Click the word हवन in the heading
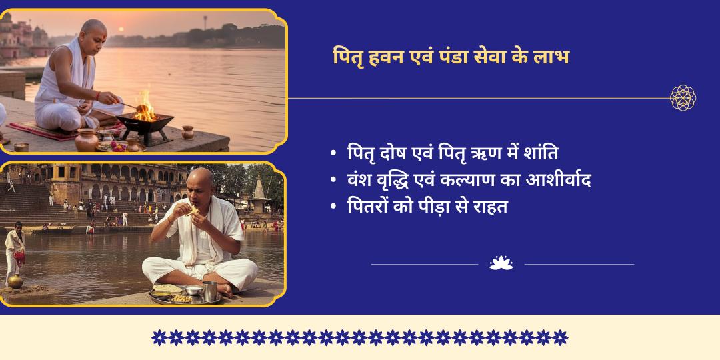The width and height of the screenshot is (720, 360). [385, 57]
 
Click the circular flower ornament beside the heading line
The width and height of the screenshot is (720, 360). [683, 98]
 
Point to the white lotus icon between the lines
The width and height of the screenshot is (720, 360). [501, 263]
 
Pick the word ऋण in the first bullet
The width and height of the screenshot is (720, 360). [468, 153]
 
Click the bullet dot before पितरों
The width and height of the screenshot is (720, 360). [333, 207]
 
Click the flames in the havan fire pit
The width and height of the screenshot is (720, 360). [144, 107]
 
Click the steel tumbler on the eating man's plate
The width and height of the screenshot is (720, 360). [209, 291]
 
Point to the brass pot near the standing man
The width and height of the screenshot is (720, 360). [15, 281]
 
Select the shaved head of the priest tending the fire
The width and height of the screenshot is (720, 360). [93, 31]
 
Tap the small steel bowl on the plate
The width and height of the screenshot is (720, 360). [193, 291]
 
